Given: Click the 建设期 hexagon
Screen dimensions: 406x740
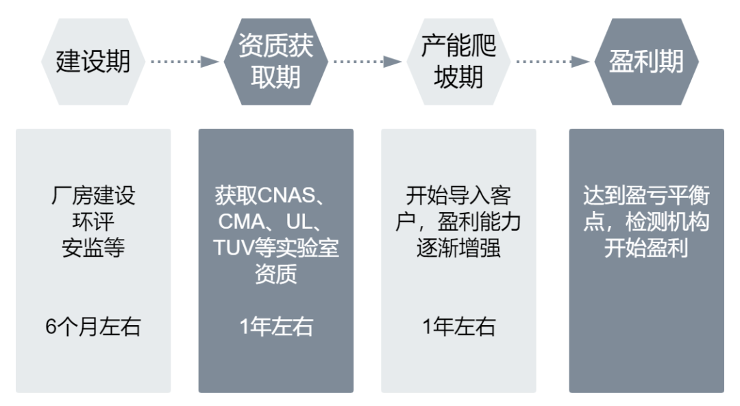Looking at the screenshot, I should pos(93,62).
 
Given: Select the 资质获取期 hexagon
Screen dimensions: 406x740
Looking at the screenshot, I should pos(276,62).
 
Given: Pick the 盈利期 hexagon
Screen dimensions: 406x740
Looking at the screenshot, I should pos(646,62).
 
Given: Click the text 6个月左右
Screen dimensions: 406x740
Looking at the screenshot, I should pos(93,327).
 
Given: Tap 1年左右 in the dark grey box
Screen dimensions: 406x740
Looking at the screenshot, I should pos(276,327).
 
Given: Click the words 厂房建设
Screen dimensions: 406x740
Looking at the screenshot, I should pos(93,196).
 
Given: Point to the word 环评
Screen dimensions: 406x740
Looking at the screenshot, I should pos(93,221).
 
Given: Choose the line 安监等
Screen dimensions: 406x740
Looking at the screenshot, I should pos(93,246).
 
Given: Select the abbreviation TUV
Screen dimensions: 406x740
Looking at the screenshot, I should pos(233,247).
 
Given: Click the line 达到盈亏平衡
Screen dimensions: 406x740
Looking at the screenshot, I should pos(646,196).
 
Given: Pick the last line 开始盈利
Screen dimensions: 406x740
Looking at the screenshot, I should pos(646,247).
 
